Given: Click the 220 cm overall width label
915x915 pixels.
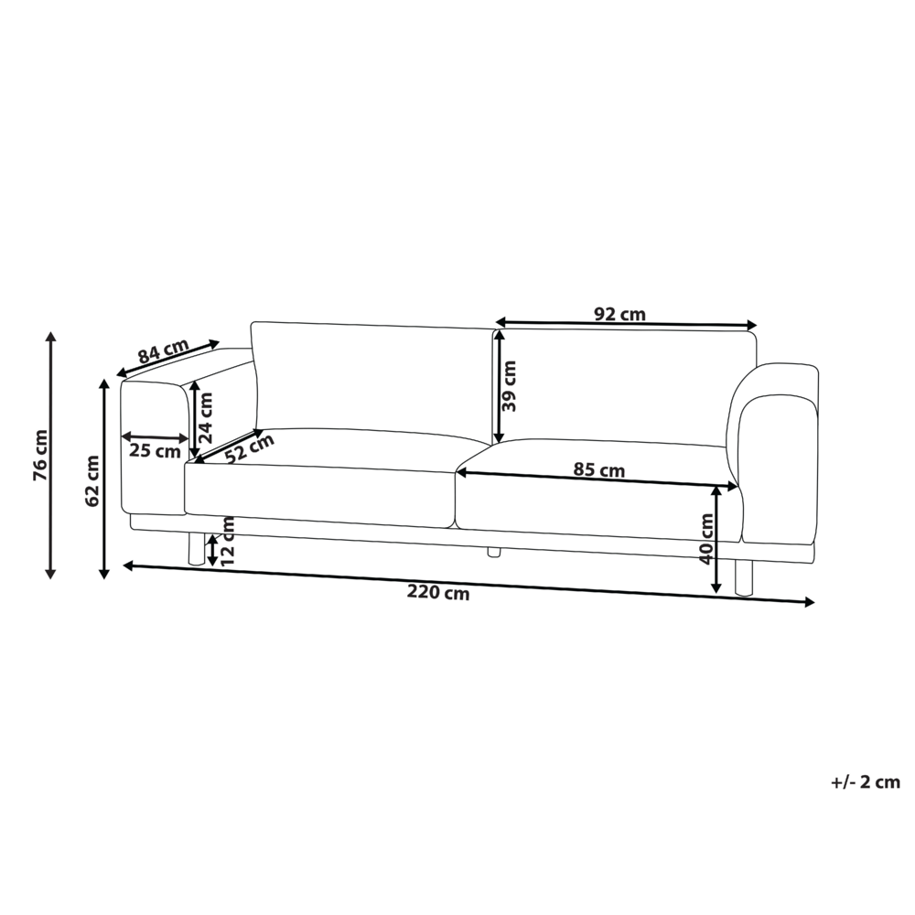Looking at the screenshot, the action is coord(437,592).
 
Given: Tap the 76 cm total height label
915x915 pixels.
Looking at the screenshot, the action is coord(41,455).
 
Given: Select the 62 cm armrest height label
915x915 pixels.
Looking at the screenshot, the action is coord(92,481).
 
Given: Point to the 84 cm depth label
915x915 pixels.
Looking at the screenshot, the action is coord(164,351).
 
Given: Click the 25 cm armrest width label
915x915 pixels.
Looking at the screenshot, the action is coord(155,451).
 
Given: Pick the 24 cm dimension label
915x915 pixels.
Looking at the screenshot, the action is coord(205,417).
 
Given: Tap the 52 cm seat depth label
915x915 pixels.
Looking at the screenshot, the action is coord(249,448).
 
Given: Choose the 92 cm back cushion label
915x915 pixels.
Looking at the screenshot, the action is coord(619,314).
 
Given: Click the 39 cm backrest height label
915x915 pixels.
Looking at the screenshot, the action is coord(509,386).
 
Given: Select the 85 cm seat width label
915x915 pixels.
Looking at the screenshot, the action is coord(598,469).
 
